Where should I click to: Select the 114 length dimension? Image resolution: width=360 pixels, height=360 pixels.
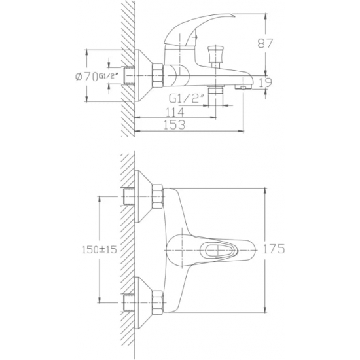click(175, 112)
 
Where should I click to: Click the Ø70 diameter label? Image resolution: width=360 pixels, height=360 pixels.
click(88, 77)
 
